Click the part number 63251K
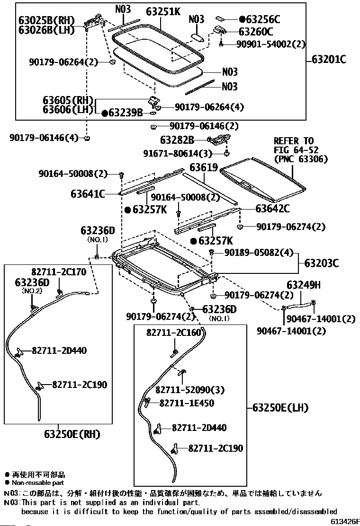[x=163, y=12]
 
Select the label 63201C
[x=329, y=60]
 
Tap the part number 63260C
[x=256, y=32]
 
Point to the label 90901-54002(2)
[x=271, y=44]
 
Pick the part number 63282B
[x=177, y=140]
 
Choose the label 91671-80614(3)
[x=178, y=153]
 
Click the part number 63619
[x=204, y=167]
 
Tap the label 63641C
[x=88, y=193]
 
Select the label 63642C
[x=272, y=209]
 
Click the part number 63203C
[x=321, y=263]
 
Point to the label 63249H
[x=304, y=285]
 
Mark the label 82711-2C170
[x=59, y=272]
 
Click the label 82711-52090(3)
[x=190, y=390]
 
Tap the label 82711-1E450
[x=187, y=403]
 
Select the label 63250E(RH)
[x=72, y=434]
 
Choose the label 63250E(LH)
[x=280, y=408]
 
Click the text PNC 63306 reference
[x=301, y=159]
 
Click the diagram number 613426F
[x=345, y=521]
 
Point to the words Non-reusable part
[x=38, y=483]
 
